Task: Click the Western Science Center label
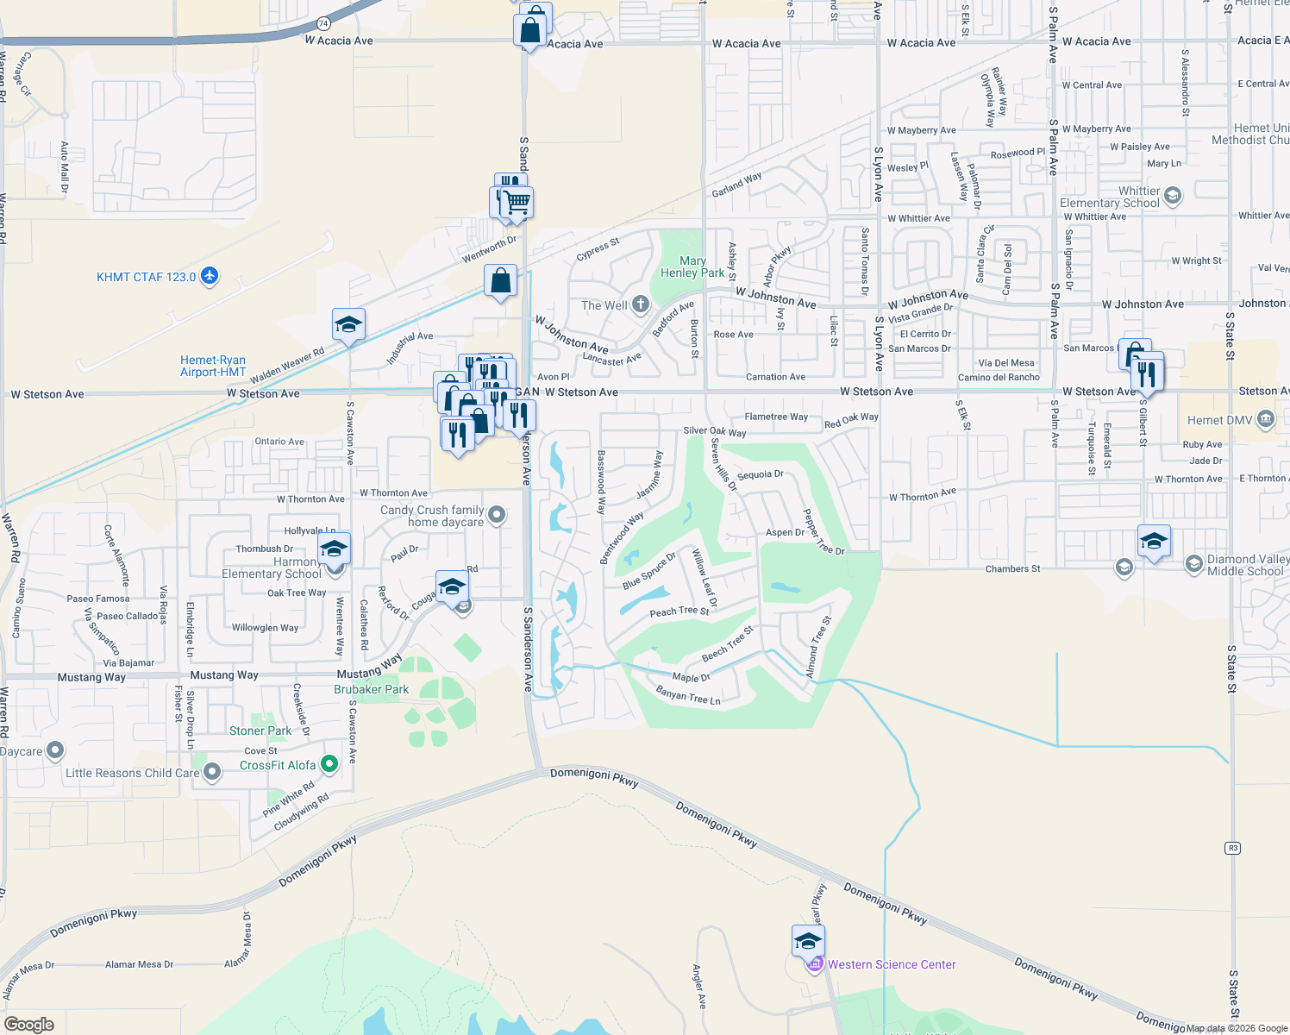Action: [x=892, y=964]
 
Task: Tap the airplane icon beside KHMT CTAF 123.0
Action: [x=210, y=276]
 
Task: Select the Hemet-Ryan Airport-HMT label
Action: [x=213, y=366]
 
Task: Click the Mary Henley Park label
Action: [x=692, y=267]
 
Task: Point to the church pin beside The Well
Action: [x=640, y=304]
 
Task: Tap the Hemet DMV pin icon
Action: [x=1265, y=420]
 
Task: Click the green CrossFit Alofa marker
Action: [x=329, y=764]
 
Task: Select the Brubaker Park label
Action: [x=372, y=689]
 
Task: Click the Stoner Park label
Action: [x=260, y=731]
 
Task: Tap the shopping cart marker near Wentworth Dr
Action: [x=517, y=202]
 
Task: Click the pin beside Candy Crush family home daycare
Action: [x=496, y=515]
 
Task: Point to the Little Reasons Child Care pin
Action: [x=212, y=771]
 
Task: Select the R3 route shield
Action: [x=1233, y=848]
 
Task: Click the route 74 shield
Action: [x=323, y=23]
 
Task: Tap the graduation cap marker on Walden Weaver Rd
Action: [x=348, y=325]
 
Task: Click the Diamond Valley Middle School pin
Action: [x=1193, y=564]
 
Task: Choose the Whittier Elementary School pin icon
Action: [x=1172, y=196]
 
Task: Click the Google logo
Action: [x=29, y=1025]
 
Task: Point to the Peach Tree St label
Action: [x=679, y=611]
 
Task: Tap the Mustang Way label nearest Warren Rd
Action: [x=91, y=677]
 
